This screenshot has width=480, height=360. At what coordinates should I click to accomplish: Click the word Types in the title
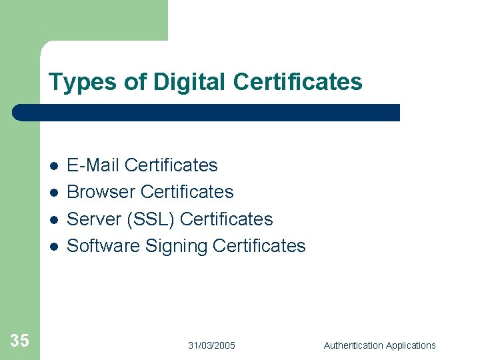pyautogui.click(x=75, y=83)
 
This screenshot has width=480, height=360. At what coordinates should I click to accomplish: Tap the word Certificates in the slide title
pyautogui.click(x=298, y=82)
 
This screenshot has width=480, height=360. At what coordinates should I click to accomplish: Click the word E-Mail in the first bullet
pyautogui.click(x=93, y=165)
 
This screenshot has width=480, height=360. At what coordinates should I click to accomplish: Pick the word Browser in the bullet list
pyautogui.click(x=102, y=192)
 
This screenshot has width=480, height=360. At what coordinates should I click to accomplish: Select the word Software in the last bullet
pyautogui.click(x=103, y=246)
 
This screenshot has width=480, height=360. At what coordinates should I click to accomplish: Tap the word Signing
pyautogui.click(x=177, y=247)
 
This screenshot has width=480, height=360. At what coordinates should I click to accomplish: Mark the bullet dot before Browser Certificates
pyautogui.click(x=53, y=193)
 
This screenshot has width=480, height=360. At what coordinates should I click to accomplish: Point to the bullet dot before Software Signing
pyautogui.click(x=53, y=247)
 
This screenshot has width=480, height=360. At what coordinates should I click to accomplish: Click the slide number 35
pyautogui.click(x=20, y=341)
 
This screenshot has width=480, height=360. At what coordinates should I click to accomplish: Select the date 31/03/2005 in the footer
pyautogui.click(x=211, y=345)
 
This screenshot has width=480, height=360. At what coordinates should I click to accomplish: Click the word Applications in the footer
pyautogui.click(x=410, y=345)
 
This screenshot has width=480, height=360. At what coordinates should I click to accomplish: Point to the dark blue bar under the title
pyautogui.click(x=207, y=113)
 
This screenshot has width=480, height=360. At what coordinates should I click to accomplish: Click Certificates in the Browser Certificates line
pyautogui.click(x=187, y=192)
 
